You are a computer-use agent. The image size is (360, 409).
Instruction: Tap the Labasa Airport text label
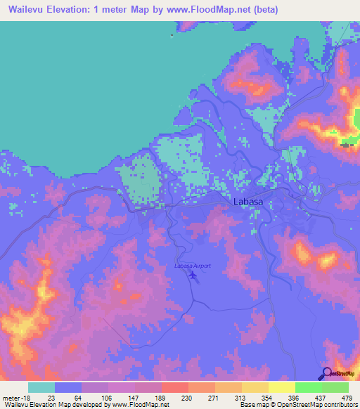pos(193,266)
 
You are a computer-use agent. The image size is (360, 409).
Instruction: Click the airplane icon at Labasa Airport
pos(193,275)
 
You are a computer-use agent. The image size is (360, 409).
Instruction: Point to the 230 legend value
pos(167,398)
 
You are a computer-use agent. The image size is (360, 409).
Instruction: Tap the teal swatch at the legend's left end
pos(41,387)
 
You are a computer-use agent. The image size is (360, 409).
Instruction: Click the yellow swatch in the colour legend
pos(281,387)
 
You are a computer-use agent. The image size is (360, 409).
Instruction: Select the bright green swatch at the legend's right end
pos(335,387)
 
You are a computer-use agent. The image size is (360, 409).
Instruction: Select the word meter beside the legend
pos(10,398)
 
